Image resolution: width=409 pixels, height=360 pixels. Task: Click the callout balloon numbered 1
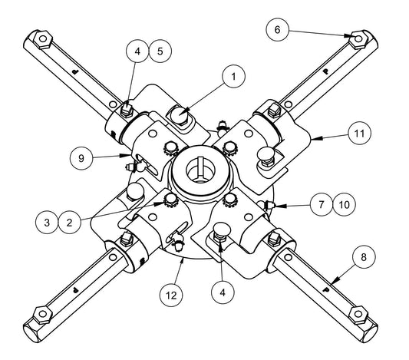coord(233,77)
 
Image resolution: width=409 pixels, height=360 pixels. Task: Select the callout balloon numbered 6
coord(277,29)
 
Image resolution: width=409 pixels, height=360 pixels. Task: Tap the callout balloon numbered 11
coord(359,134)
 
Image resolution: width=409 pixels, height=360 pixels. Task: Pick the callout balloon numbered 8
coord(364,257)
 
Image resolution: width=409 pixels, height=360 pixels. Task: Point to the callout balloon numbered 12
coord(171,296)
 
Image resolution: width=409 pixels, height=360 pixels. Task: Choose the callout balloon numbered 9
coord(81,158)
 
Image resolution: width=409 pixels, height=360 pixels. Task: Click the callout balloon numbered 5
coord(160,51)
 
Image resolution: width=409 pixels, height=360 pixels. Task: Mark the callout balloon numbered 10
coord(345,204)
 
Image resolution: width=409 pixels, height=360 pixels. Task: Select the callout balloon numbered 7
coord(322,204)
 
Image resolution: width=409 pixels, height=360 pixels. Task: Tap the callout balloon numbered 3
coord(47,223)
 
